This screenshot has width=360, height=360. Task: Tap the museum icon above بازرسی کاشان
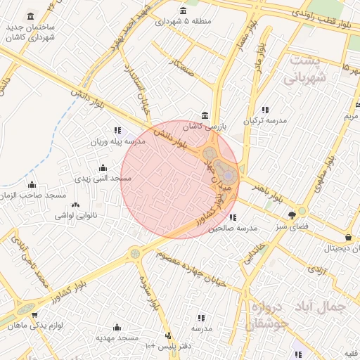(205, 115)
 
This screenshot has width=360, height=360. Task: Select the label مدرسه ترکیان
(265, 121)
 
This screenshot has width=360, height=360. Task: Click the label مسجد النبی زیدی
(103, 179)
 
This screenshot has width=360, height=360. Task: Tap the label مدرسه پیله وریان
(117, 141)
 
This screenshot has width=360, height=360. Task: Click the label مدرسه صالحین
(233, 229)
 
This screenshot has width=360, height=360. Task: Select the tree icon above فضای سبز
(292, 215)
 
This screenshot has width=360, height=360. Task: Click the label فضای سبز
(292, 226)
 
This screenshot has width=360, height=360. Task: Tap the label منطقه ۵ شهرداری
(184, 22)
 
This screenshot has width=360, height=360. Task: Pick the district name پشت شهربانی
(305, 69)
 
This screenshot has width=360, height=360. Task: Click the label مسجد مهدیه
(117, 338)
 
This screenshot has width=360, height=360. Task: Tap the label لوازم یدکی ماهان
(36, 325)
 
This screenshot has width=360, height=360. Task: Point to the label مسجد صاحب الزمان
(32, 195)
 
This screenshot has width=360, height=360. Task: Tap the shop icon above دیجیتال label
(349, 238)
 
